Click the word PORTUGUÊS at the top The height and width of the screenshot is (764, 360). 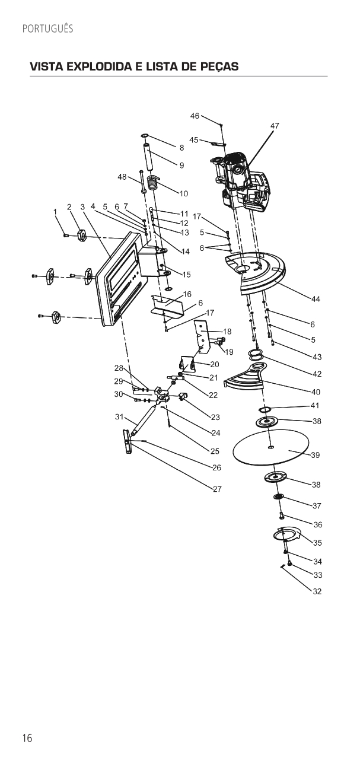click(47, 28)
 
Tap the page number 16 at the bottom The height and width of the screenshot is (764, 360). click(27, 738)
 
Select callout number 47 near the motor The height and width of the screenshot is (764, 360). click(275, 126)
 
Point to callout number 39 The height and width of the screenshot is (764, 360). click(316, 455)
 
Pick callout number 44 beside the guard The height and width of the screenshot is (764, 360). click(316, 300)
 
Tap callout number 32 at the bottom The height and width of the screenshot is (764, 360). click(317, 591)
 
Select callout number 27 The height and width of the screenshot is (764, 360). click(217, 489)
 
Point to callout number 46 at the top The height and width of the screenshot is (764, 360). click(195, 116)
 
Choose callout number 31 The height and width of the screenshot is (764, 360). click(119, 416)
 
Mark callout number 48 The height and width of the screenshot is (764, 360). click(122, 177)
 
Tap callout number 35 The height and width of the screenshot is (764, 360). click(317, 543)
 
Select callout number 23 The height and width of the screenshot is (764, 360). click(215, 418)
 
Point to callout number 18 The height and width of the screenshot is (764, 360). click(227, 331)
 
